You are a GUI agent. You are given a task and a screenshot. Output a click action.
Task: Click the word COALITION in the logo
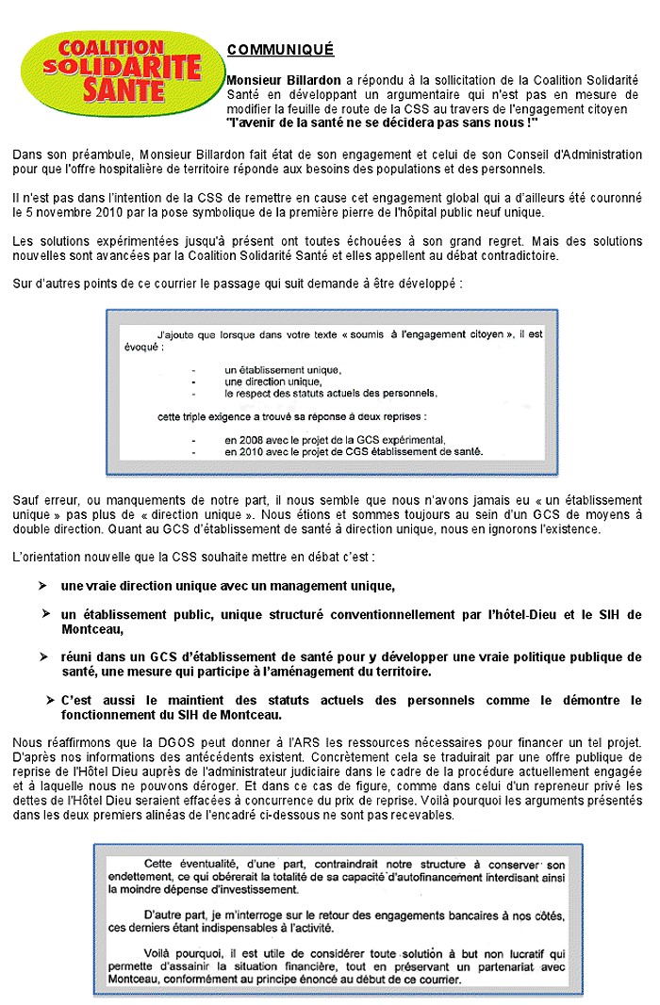(x=111, y=46)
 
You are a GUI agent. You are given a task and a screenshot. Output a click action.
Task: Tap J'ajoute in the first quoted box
(x=176, y=334)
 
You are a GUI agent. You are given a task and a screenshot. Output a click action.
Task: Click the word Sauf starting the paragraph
(x=26, y=499)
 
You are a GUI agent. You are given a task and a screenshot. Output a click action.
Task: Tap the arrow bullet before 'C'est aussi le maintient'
(x=50, y=701)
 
